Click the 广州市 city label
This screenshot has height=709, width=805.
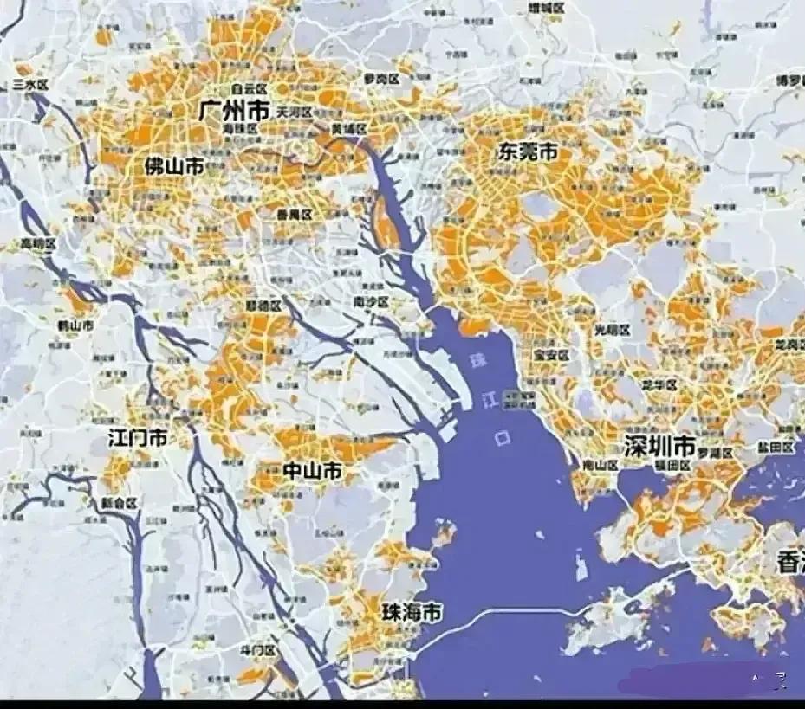(x=233, y=111)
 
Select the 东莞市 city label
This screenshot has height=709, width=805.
(x=527, y=152)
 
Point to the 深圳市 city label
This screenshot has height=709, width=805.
(x=659, y=447)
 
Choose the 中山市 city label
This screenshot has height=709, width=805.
(x=312, y=472)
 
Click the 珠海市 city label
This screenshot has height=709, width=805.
(x=412, y=613)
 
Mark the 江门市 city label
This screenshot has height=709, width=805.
(x=138, y=438)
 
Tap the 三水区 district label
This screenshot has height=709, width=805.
(x=30, y=84)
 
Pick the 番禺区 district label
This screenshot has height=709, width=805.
(x=294, y=214)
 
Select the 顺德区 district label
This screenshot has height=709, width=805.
(x=263, y=306)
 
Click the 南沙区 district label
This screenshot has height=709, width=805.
(x=371, y=302)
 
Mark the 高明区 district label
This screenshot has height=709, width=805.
(x=38, y=244)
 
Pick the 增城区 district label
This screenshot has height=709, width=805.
(x=546, y=8)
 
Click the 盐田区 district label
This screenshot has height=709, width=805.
(x=776, y=447)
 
